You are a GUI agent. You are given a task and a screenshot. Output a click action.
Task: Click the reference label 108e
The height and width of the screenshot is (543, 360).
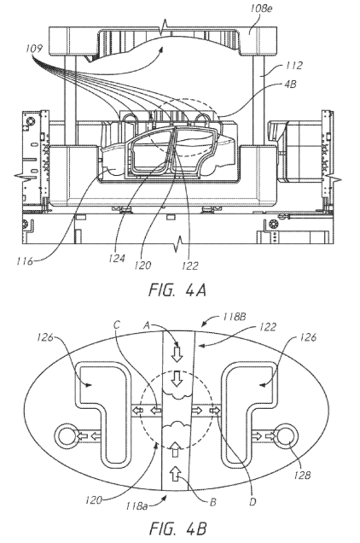click(x=261, y=8)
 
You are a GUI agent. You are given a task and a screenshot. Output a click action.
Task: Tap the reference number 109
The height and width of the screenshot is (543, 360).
click(x=35, y=48)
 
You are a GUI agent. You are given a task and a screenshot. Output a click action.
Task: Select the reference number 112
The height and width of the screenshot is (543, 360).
click(x=293, y=65)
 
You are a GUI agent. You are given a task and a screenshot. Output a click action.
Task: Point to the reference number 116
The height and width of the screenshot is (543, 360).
click(x=25, y=260)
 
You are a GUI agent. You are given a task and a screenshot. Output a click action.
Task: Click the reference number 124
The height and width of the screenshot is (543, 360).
click(x=117, y=258)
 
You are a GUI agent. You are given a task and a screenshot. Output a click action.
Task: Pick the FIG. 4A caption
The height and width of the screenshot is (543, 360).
click(x=177, y=290)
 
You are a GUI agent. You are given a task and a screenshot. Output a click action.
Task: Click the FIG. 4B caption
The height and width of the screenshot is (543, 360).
click(x=178, y=528)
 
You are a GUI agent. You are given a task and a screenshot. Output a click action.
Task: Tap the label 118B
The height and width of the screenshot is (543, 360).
click(x=235, y=317)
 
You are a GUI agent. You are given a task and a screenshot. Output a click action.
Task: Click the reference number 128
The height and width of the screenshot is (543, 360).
click(x=303, y=475)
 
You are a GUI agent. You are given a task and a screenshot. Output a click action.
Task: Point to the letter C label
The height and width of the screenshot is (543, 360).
click(x=117, y=324)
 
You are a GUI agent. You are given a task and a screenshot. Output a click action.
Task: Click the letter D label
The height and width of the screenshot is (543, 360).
click(x=253, y=501)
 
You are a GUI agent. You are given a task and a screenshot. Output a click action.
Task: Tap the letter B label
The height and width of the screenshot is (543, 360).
click(x=213, y=502)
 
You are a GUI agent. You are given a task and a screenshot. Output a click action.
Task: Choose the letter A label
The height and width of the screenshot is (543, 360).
click(x=147, y=324)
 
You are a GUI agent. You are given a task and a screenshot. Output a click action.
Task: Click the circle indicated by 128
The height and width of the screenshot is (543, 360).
click(x=286, y=435)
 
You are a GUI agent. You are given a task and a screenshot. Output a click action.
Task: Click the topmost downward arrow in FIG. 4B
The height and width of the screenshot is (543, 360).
click(x=177, y=353)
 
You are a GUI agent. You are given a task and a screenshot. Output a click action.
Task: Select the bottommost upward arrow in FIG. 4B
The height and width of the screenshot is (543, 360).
click(x=177, y=473)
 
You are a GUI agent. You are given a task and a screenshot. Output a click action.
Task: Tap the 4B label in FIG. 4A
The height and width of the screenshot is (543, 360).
click(x=290, y=85)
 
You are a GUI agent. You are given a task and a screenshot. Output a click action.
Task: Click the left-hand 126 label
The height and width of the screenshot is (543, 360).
click(x=45, y=337)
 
